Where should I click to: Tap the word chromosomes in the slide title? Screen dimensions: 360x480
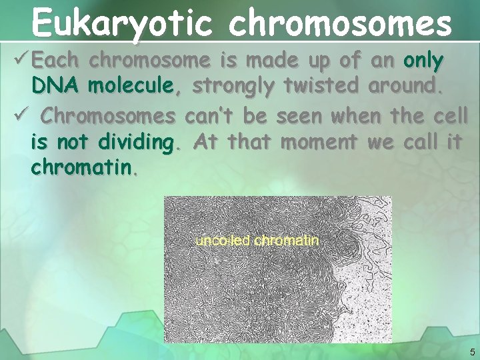tap(340, 23)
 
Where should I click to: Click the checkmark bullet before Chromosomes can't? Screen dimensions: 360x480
tap(20, 116)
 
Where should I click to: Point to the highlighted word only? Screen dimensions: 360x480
tap(423, 61)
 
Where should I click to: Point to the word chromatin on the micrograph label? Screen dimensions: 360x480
tap(287, 240)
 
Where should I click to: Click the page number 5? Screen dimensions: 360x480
tap(472, 352)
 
